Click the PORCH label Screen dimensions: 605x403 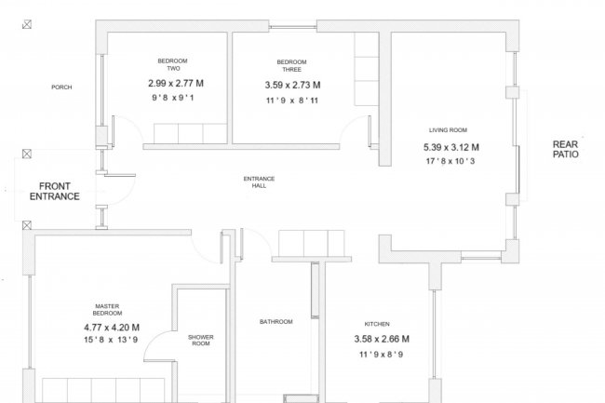61,87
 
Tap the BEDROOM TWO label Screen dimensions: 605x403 173,65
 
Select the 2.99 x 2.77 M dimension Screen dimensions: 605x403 176,84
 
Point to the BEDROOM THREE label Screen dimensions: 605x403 291,65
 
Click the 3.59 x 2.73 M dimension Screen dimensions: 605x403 292,85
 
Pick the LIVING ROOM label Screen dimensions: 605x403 448,130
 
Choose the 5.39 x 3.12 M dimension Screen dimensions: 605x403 451,147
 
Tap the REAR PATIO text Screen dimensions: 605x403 566,149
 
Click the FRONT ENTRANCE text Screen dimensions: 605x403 54,192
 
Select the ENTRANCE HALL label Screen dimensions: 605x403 259,182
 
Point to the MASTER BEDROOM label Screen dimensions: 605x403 107,310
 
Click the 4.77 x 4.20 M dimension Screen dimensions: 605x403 112,328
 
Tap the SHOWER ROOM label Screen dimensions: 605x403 201,340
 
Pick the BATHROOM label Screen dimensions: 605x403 276,322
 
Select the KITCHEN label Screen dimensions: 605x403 377,324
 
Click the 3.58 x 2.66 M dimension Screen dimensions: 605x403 382,339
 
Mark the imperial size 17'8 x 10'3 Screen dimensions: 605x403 450,161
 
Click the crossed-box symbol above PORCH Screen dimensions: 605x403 27,25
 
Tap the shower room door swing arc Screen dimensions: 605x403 155,340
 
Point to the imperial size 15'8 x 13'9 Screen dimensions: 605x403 111,340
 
